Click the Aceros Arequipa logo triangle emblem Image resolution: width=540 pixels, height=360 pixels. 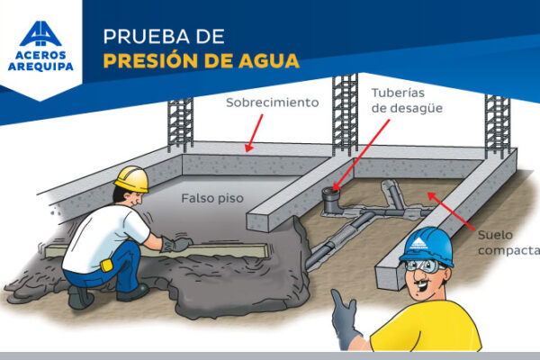(40, 34)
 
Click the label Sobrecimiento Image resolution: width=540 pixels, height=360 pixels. (273, 103)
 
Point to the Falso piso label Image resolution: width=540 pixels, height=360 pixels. (212, 198)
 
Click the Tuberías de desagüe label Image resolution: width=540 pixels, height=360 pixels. (407, 100)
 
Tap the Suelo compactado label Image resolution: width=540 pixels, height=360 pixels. (508, 242)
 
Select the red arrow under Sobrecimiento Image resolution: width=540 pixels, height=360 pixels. (254, 133)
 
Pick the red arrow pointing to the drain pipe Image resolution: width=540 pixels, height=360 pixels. (361, 155)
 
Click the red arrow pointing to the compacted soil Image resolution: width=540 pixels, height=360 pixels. (452, 211)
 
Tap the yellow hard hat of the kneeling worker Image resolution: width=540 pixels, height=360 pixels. (132, 179)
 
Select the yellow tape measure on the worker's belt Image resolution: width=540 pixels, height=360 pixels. (107, 265)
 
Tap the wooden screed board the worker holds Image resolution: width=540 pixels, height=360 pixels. (157, 251)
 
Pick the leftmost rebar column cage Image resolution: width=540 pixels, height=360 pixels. (181, 125)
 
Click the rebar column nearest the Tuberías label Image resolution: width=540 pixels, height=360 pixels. (345, 115)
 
